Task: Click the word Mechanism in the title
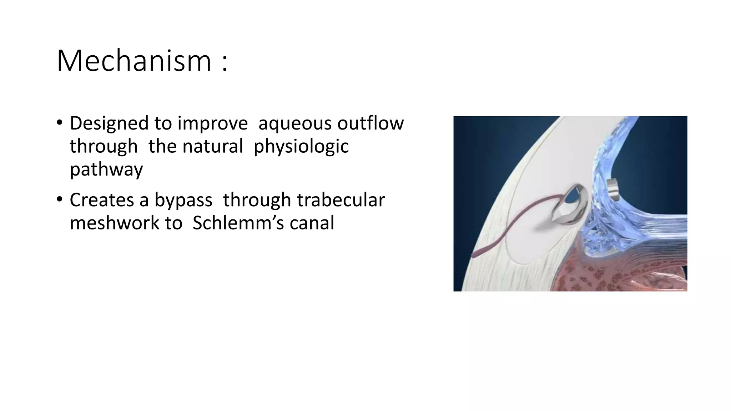[134, 61]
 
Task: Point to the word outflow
[370, 123]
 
